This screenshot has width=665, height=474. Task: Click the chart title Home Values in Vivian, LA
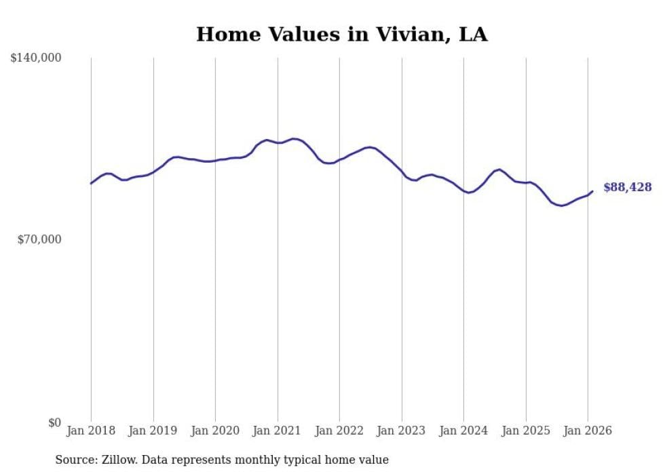341,35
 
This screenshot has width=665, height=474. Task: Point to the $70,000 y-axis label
39,239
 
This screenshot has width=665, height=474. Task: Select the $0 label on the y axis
54,422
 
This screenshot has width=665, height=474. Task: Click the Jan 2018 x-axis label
91,431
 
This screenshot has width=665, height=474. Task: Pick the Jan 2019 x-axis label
153,431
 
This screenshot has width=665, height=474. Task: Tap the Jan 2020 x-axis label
215,431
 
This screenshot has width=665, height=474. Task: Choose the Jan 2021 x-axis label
278,431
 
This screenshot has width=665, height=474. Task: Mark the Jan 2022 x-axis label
339,431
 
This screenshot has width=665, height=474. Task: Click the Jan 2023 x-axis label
402,431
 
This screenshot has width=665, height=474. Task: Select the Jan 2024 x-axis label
463,431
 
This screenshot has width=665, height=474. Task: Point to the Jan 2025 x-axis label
526,431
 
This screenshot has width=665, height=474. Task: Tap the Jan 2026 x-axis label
588,431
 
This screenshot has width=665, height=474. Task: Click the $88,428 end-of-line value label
627,188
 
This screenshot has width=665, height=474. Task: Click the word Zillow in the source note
119,460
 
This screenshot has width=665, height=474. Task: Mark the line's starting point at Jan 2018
91,184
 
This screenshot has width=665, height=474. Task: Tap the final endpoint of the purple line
592,191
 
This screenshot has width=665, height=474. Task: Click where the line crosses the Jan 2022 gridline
339,160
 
